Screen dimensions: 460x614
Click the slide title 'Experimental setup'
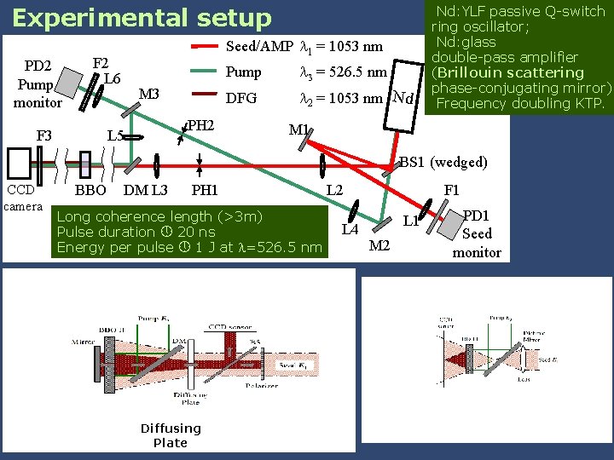click(x=142, y=18)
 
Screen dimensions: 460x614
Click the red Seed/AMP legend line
click(x=206, y=46)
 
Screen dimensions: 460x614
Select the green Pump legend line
click(x=206, y=72)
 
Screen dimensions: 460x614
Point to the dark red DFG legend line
click(x=206, y=98)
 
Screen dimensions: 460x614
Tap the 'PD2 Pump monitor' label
click(x=37, y=84)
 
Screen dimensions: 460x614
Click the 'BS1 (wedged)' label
click(x=443, y=162)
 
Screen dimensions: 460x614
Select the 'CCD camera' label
click(x=23, y=198)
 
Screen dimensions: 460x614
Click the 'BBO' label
click(x=90, y=190)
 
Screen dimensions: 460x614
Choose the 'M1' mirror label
click(x=298, y=130)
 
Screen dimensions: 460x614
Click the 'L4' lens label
click(x=350, y=228)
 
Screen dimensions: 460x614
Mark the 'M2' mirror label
click(x=379, y=246)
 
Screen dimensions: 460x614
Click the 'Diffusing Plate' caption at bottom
click(x=171, y=435)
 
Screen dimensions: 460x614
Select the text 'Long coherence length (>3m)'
click(x=159, y=216)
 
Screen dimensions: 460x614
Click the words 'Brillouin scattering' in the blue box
click(x=520, y=73)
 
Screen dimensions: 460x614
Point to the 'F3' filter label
click(x=43, y=135)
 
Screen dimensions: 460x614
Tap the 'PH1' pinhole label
click(x=205, y=190)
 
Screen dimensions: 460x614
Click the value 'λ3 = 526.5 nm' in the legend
click(x=344, y=72)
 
